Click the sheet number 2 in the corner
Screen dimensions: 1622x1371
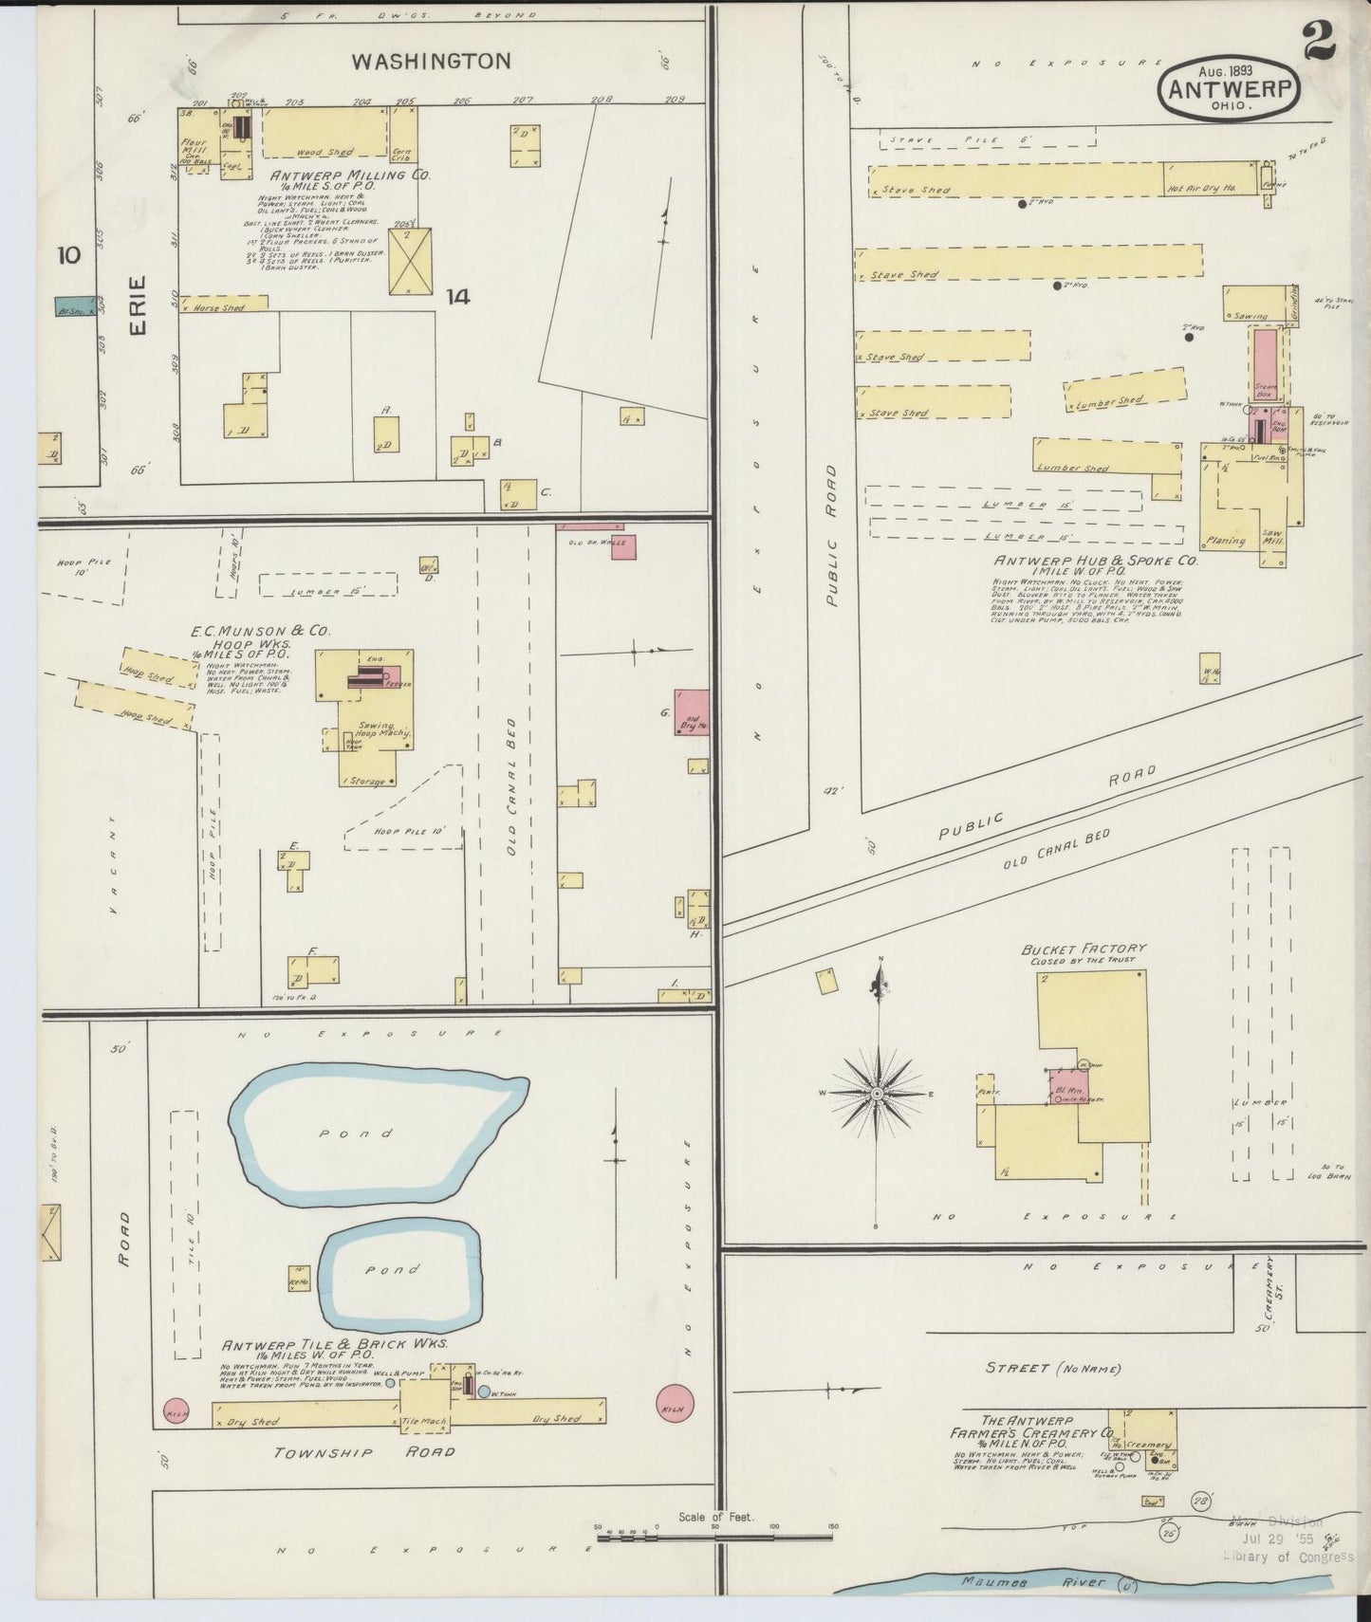1318,40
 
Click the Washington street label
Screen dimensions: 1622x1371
431,62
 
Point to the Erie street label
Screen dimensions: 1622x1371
139,304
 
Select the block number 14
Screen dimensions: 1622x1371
457,297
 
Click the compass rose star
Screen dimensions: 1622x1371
879,1094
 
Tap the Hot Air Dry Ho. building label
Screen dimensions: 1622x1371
1201,190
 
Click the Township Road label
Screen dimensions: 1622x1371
364,1452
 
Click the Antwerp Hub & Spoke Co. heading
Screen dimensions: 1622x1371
1096,561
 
